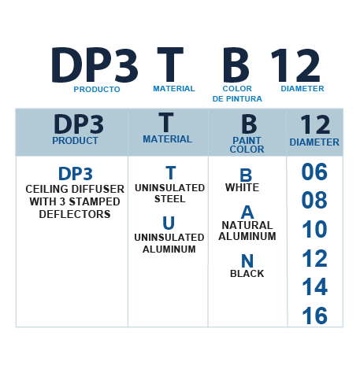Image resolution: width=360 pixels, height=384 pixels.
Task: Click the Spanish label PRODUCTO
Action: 97,90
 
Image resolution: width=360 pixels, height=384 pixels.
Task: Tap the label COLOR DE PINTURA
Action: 237,94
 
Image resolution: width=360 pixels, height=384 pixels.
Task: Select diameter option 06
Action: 314,172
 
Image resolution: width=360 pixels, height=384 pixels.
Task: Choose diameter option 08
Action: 314,200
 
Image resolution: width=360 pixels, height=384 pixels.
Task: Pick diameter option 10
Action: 314,229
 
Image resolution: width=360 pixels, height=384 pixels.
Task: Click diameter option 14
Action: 315,286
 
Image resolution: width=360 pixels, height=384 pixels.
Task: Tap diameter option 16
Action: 315,316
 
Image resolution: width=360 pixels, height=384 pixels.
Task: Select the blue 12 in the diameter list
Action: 315,258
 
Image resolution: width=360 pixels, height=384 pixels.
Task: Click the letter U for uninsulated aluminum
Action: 169,223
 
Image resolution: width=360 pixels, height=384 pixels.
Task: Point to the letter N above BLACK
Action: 247,261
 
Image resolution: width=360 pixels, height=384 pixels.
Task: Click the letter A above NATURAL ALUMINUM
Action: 247,212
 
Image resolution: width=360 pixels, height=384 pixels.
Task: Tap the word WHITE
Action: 242,187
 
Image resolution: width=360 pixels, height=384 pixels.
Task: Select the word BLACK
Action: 247,274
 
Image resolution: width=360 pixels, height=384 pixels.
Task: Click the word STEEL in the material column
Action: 170,199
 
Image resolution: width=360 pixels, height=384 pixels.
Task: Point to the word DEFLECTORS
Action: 75,214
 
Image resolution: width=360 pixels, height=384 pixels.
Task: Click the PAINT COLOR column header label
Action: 247,145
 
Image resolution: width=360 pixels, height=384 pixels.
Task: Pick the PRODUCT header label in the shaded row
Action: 75,141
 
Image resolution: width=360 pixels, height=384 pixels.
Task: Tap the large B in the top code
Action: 236,65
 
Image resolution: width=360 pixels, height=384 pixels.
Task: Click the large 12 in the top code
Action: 295,65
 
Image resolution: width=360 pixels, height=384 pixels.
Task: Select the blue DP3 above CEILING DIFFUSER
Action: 76,174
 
